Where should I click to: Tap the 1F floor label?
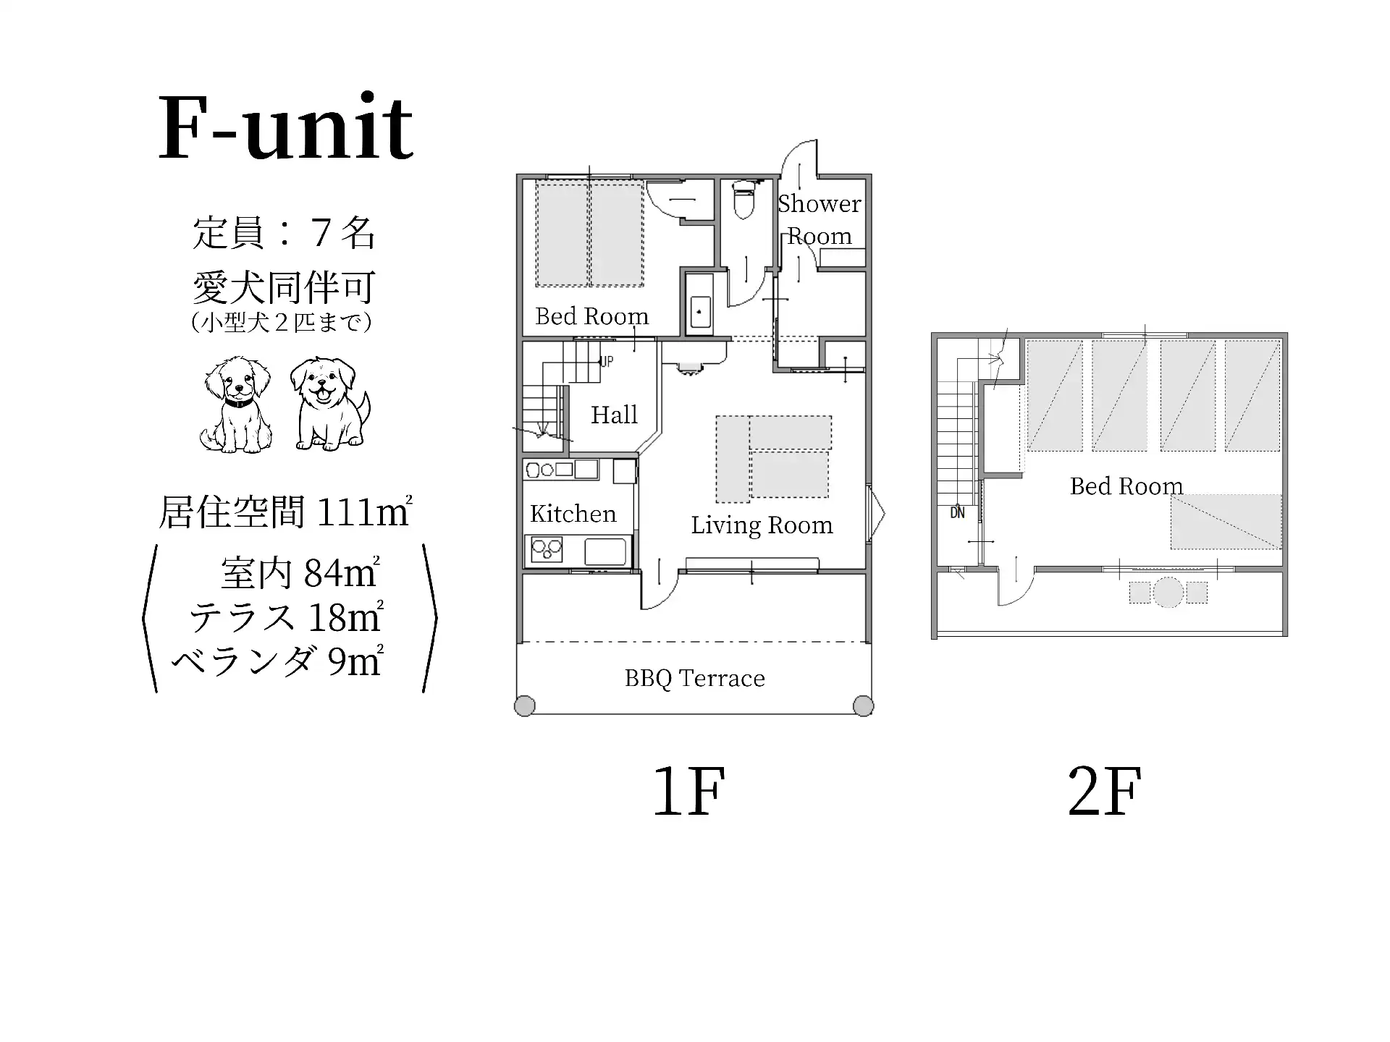coord(688,791)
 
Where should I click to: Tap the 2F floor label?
coord(1105,791)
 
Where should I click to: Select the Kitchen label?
coord(573,514)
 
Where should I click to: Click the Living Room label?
coord(762,525)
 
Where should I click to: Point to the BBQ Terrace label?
coord(695,679)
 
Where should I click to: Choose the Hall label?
coord(614,415)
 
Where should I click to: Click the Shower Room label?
coord(820,219)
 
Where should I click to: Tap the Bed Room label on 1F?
coord(591,316)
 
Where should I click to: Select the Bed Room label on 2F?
coord(1126,486)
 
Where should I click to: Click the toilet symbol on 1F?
coord(743,200)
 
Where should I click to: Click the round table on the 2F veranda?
coord(1168,592)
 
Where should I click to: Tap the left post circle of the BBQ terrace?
coord(525,706)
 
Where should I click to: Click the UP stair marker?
coord(607,361)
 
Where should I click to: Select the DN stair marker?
coord(957,513)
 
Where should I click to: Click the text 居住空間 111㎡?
coord(285,512)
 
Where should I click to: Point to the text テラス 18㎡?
coord(286,617)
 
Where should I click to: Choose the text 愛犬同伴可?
coord(284,288)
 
